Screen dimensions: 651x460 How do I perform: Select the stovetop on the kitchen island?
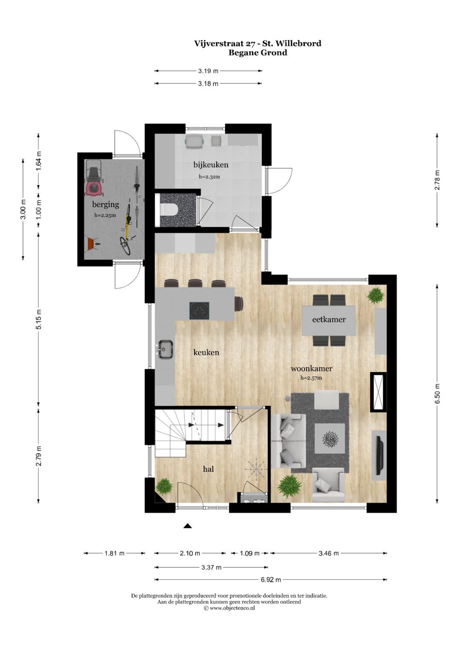pos(199,310)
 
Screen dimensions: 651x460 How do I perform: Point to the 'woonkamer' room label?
pos(311,369)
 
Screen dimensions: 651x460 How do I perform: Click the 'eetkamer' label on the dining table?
pos(328,319)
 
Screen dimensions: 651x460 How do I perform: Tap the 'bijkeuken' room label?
pos(210,165)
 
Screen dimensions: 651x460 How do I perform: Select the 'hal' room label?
pos(208,469)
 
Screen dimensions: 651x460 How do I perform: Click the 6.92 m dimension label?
pos(271,579)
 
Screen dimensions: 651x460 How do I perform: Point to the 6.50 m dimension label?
pos(437,393)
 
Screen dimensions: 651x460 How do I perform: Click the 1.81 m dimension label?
pos(115,553)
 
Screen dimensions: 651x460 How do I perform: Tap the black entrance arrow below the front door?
pos(187,526)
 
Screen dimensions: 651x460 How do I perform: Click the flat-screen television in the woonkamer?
pos(379,455)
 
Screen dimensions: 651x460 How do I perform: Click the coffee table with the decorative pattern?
pos(330,438)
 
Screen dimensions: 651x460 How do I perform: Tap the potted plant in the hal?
pos(164,486)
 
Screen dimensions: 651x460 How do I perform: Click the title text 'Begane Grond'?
pos(258,53)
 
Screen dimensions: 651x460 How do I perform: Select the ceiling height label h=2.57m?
pos(311,378)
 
